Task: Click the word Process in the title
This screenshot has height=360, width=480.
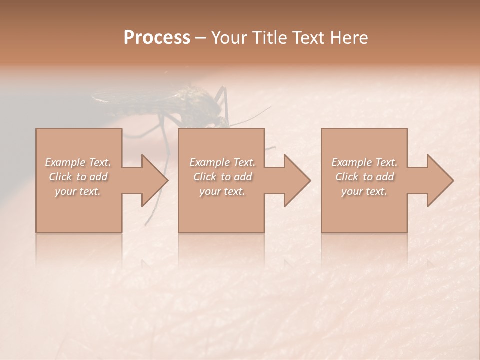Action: click(x=157, y=38)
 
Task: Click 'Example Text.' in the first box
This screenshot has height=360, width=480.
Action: click(x=78, y=162)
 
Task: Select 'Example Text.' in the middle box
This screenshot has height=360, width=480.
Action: click(x=222, y=162)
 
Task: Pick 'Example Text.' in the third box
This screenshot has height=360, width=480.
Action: click(x=364, y=162)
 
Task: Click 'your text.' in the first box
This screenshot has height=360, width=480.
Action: click(x=78, y=191)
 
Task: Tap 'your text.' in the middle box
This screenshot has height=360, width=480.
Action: click(x=222, y=191)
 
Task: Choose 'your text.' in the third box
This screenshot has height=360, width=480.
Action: click(x=364, y=191)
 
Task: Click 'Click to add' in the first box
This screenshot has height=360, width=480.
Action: click(x=78, y=177)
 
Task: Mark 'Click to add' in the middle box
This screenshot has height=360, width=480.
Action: click(x=222, y=177)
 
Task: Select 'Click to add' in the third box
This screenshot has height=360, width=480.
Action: click(x=364, y=177)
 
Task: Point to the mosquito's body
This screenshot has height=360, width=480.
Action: click(x=165, y=102)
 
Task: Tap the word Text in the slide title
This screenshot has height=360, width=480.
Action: click(x=304, y=38)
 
